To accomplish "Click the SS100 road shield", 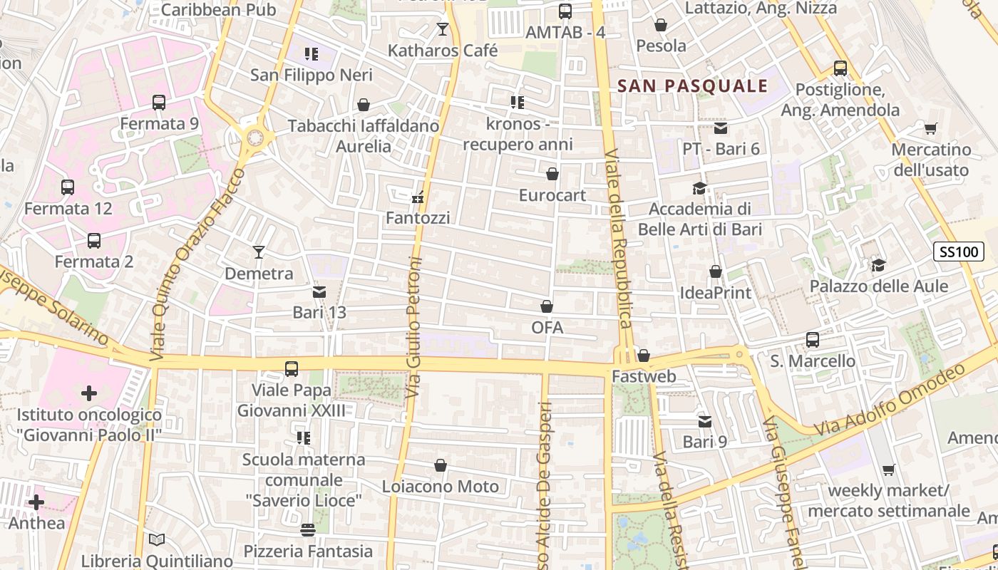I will point(958,252).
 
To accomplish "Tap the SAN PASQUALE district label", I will point(692,86).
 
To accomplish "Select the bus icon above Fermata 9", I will point(159,103).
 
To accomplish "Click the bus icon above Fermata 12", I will point(68,187).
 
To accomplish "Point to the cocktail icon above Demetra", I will point(259,252).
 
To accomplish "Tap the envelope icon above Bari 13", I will point(319,291).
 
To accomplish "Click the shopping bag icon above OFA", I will point(547,306).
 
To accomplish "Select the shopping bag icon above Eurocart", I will point(552,174).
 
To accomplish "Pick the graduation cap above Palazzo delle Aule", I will point(878,265).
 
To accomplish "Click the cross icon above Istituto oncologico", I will point(89,393).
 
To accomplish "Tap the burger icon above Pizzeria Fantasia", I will point(308,530).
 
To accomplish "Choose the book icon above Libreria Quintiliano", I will point(157,540).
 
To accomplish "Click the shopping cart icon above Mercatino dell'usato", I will point(930,129).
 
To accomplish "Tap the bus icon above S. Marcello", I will point(813,340).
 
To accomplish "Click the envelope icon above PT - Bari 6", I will point(721,128).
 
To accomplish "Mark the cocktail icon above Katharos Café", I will point(443,29).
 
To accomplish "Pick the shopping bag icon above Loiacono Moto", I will point(441,466).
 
